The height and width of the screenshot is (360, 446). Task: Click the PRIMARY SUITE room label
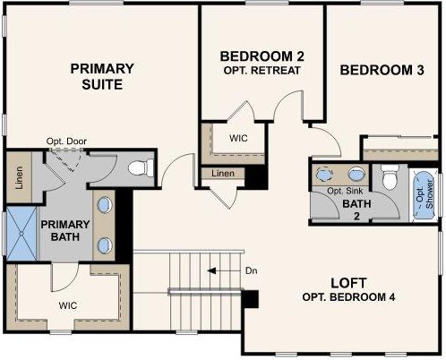pyautogui.click(x=103, y=76)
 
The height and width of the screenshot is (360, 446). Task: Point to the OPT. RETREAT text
pyautogui.click(x=262, y=71)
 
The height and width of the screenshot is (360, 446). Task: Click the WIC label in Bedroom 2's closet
pyautogui.click(x=239, y=138)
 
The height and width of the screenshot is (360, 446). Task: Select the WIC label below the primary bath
pyautogui.click(x=70, y=305)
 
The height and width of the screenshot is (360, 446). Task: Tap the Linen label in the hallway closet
pyautogui.click(x=224, y=173)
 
